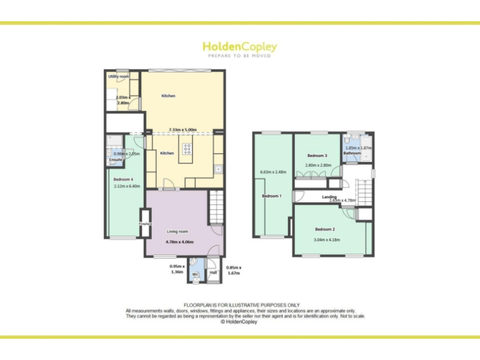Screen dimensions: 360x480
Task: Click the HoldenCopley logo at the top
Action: pyautogui.click(x=239, y=47)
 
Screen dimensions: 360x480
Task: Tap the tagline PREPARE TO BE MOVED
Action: pyautogui.click(x=239, y=56)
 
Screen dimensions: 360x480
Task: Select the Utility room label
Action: pyautogui.click(x=118, y=76)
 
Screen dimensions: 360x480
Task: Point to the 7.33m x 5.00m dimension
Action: pyautogui.click(x=182, y=130)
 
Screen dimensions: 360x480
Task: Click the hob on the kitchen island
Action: pyautogui.click(x=186, y=149)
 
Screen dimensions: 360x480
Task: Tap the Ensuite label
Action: pyautogui.click(x=116, y=160)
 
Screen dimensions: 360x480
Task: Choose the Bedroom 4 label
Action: pyautogui.click(x=123, y=179)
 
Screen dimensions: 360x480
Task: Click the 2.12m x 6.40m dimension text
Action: pyautogui.click(x=127, y=186)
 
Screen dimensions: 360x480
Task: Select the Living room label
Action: pyautogui.click(x=177, y=231)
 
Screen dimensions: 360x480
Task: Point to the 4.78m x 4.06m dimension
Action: pyautogui.click(x=179, y=242)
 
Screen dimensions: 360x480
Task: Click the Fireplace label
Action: pyautogui.click(x=145, y=224)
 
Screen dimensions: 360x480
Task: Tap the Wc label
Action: pyautogui.click(x=195, y=274)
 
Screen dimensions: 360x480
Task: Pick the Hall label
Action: pyautogui.click(x=213, y=272)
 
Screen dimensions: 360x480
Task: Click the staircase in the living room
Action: pyautogui.click(x=215, y=203)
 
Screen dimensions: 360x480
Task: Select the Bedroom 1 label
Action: pyautogui.click(x=271, y=196)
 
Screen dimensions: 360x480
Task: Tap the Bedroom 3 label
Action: pyautogui.click(x=317, y=156)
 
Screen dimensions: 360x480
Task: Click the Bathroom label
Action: pyautogui.click(x=352, y=153)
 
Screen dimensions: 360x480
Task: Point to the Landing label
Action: pyautogui.click(x=329, y=197)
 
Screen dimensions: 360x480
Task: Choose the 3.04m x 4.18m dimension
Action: pyautogui.click(x=326, y=239)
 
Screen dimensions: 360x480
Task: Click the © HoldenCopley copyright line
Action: pyautogui.click(x=239, y=322)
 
